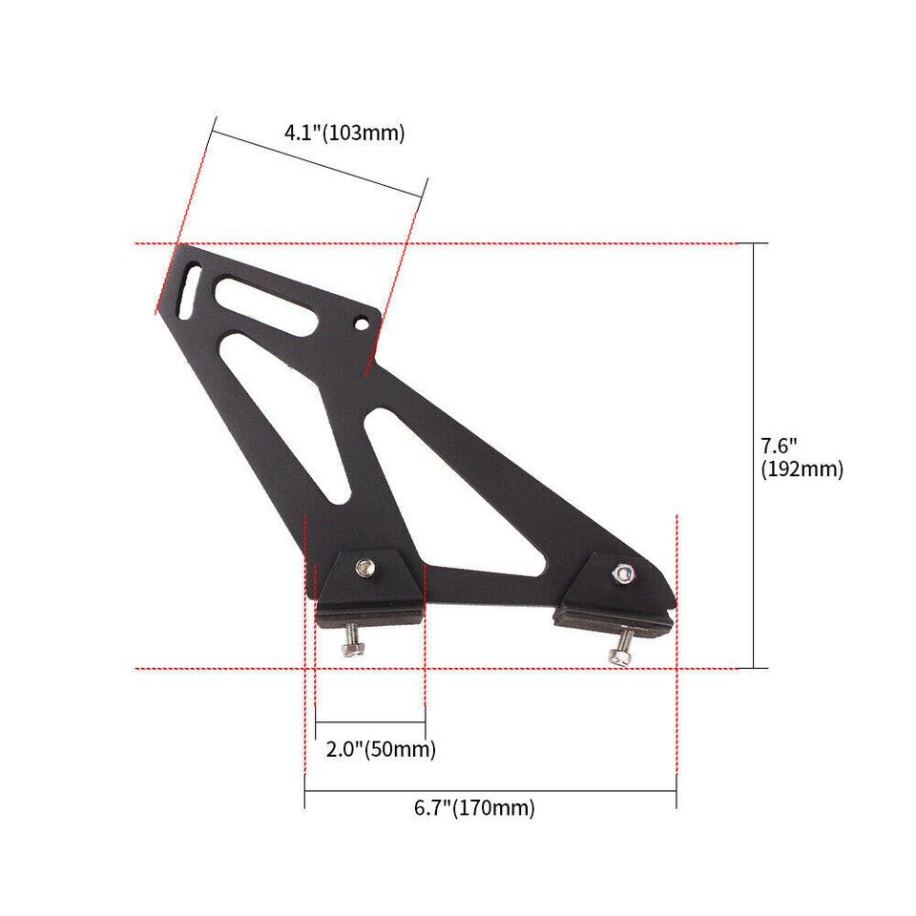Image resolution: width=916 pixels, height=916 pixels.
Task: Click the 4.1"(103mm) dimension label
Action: point(344,133)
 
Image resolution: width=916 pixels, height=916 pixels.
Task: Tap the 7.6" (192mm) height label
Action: point(801,457)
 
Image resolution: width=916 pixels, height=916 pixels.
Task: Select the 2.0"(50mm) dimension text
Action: point(381,750)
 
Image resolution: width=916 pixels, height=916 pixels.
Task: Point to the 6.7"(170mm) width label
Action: point(474,808)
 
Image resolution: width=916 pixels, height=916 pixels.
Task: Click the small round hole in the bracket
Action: point(363,323)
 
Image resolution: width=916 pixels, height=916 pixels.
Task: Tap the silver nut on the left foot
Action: point(364,570)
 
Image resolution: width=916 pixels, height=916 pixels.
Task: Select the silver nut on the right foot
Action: point(622,572)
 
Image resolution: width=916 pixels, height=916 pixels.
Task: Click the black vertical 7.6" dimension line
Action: point(754,456)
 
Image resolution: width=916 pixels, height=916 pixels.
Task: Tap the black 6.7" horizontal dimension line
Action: point(489,790)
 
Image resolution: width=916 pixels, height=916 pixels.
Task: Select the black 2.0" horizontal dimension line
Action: point(370,722)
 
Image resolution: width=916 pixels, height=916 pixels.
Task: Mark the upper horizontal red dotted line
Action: point(572,244)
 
